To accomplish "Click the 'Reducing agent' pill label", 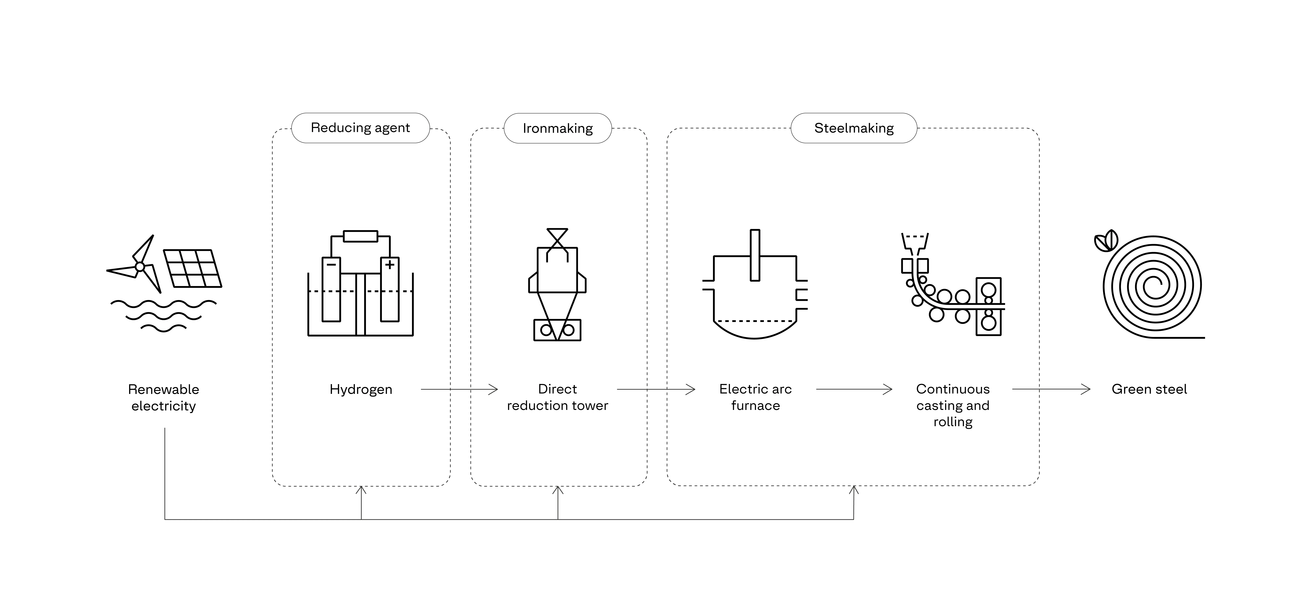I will pyautogui.click(x=360, y=128).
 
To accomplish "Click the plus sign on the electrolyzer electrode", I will pyautogui.click(x=390, y=264).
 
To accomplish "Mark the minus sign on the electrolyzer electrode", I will pyautogui.click(x=331, y=264).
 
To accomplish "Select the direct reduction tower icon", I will pyautogui.click(x=557, y=285).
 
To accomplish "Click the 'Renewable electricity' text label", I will pyautogui.click(x=163, y=397).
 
